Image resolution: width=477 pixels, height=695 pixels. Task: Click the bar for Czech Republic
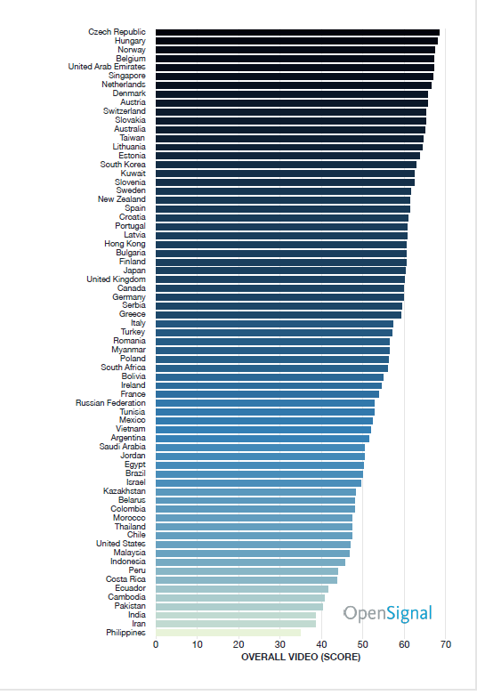point(297,32)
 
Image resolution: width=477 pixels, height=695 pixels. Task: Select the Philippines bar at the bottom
point(229,633)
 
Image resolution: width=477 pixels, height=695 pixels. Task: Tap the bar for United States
point(253,545)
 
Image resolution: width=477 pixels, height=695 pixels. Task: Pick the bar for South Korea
point(286,165)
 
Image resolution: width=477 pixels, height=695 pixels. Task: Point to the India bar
point(236,615)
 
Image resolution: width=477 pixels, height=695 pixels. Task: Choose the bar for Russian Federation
point(265,403)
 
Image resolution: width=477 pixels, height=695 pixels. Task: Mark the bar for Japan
point(280,271)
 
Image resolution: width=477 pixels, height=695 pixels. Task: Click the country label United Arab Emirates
point(107,67)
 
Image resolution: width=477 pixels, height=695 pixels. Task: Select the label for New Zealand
point(121,199)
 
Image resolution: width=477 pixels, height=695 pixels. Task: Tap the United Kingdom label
point(117,279)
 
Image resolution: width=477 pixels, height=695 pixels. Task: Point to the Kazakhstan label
point(124,491)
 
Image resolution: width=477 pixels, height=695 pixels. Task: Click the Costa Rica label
point(125,579)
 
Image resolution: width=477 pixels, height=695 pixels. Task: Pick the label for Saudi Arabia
point(122,447)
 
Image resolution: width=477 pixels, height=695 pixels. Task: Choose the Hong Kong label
point(125,244)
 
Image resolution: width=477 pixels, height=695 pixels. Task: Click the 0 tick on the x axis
point(156,644)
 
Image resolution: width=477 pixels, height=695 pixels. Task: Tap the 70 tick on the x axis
point(446,644)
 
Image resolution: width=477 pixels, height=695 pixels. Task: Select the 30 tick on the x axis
point(279,644)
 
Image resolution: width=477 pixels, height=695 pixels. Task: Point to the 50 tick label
point(362,644)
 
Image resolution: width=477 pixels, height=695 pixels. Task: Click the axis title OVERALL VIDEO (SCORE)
point(301,657)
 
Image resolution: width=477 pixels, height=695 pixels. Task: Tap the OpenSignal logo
point(387,614)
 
